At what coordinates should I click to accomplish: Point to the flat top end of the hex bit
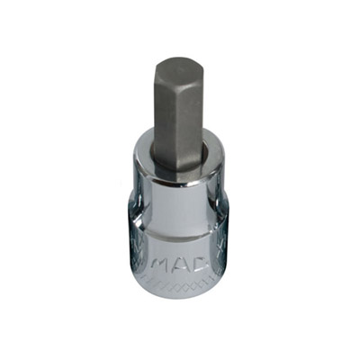[178, 62]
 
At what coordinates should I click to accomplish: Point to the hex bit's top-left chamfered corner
[158, 65]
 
